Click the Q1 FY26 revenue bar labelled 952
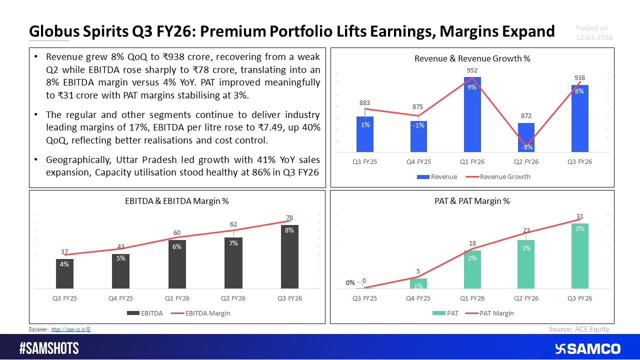pos(472,114)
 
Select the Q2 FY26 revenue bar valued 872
pos(526,137)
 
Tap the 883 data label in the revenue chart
pos(364,103)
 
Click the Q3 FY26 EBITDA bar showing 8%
pos(289,256)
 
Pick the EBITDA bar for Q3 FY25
pos(64,273)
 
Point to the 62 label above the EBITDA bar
pos(233,225)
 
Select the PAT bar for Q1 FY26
pos(472,269)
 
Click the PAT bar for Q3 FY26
pos(579,255)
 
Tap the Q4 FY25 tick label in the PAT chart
pos(418,298)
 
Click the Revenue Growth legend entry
pos(501,176)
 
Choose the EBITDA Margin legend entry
pos(204,313)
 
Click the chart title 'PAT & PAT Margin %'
pos(472,201)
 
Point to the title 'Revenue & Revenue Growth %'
pos(472,58)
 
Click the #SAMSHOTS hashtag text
pos(49,348)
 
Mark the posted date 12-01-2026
pos(594,38)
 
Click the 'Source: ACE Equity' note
pos(579,328)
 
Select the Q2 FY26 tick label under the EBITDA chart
pos(233,298)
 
